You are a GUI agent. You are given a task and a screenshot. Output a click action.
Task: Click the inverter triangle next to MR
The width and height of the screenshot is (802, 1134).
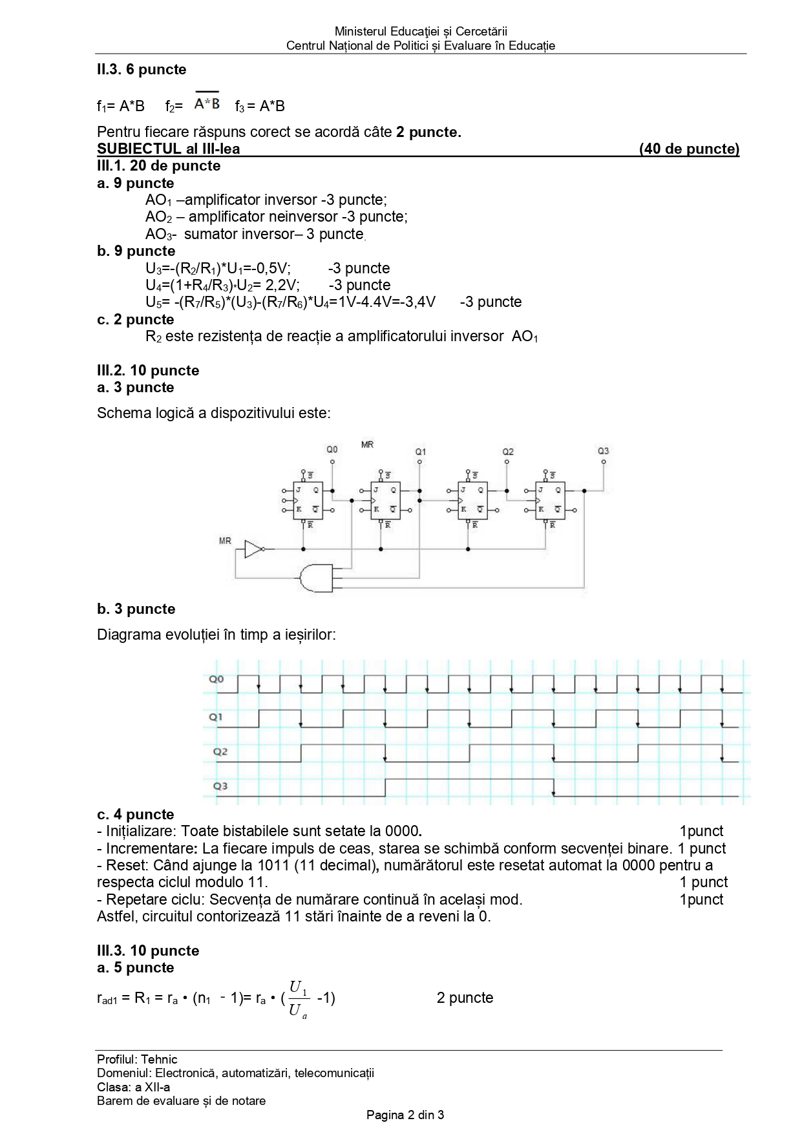coord(253,549)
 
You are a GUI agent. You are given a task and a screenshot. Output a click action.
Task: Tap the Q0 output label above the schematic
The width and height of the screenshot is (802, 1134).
coord(332,449)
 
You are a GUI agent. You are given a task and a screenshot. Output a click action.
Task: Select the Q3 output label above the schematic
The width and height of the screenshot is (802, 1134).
coord(603,451)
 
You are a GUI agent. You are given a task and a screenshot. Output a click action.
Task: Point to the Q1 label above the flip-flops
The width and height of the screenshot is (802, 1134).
coord(420,452)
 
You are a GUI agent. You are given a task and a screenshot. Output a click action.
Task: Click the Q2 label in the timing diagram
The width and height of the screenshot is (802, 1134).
coord(220,751)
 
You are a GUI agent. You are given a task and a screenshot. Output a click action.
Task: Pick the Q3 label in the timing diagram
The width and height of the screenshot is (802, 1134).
coord(220,786)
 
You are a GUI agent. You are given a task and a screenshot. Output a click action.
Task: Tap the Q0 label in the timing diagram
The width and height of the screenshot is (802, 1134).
coord(216,679)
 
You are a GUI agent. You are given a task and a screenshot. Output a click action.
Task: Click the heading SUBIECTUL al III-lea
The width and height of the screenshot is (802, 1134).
coord(168,149)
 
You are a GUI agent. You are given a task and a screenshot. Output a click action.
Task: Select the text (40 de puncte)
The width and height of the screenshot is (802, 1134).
coord(689,149)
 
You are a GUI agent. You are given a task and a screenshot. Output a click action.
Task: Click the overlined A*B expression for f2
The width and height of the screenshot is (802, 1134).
coord(207,103)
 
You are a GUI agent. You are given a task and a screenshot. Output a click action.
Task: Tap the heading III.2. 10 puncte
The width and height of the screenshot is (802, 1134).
coord(148,370)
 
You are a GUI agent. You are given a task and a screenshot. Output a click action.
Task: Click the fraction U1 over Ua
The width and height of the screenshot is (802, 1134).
coord(298,998)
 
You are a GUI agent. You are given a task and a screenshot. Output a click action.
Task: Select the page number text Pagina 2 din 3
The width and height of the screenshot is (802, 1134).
coord(405,1115)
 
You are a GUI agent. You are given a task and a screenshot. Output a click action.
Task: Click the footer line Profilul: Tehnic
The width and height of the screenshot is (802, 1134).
coord(137,1059)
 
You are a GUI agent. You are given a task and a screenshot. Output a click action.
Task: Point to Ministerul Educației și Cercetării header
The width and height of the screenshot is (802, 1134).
coord(421,31)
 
